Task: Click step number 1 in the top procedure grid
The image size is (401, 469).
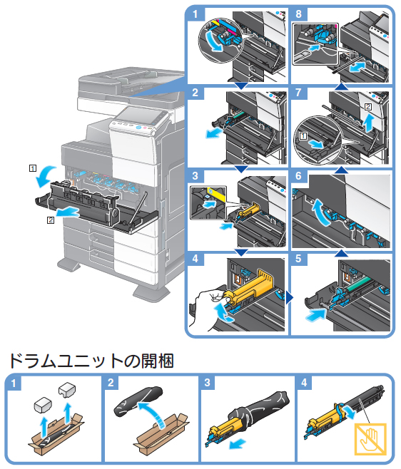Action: coord(196,14)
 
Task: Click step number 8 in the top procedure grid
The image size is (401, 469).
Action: coord(298,14)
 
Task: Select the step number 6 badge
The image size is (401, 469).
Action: coord(298,175)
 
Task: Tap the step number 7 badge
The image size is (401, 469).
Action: coord(298,93)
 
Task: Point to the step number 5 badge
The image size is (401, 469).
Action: coord(298,259)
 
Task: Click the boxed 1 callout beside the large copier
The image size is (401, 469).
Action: coord(33,168)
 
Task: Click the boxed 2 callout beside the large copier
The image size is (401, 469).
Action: coord(51,220)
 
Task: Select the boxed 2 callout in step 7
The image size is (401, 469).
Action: coord(368,107)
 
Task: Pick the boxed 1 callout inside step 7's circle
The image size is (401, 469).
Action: coord(303,136)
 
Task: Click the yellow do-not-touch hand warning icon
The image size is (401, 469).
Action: coord(370,439)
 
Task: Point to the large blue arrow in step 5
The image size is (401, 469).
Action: coord(315,315)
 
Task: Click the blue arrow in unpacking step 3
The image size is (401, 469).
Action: coord(238,443)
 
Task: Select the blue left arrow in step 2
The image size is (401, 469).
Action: coord(215,133)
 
